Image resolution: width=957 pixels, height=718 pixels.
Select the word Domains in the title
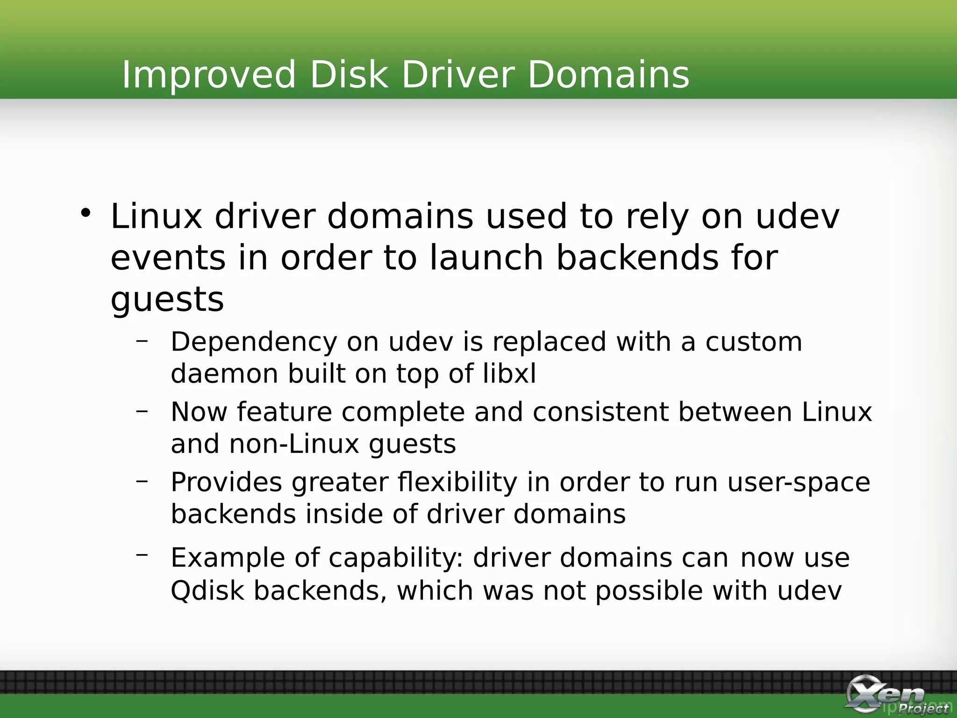coord(608,75)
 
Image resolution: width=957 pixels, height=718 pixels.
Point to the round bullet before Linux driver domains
coord(86,213)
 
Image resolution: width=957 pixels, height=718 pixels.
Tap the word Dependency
coord(254,342)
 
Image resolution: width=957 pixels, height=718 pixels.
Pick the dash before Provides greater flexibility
coord(142,481)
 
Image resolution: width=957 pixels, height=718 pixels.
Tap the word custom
coord(754,342)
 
